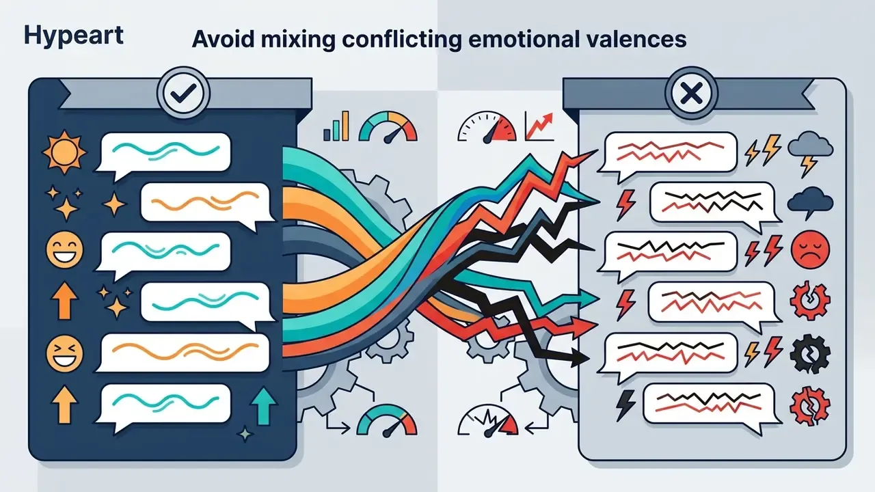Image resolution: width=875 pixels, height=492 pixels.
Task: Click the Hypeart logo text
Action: pos(73,36)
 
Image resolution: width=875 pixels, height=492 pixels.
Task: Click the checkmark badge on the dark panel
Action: pos(183,93)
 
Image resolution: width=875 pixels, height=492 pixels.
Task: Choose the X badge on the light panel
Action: pos(691,93)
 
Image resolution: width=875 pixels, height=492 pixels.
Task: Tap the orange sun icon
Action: pos(64,152)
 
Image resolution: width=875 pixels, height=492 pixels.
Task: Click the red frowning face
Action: pos(810,250)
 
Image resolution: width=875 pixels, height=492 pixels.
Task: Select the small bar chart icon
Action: pos(336,126)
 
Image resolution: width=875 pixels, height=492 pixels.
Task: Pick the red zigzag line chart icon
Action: pos(539,126)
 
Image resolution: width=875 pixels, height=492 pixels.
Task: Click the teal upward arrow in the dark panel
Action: pos(264,406)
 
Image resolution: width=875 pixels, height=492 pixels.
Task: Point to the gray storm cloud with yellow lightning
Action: pos(810,153)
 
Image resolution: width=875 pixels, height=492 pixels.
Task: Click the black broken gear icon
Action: pos(810,354)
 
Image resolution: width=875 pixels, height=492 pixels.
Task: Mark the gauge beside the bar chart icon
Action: pos(388,127)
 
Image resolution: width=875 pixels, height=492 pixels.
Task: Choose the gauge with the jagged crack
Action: pos(488,420)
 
